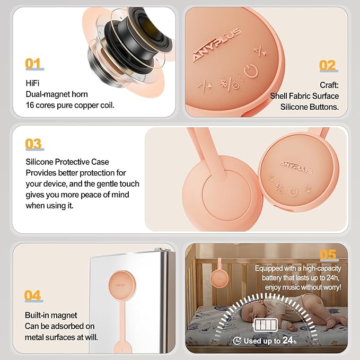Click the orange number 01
pyautogui.click(x=33, y=64)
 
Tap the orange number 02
pyautogui.click(x=327, y=65)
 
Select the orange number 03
pyautogui.click(x=33, y=144)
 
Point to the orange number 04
pyautogui.click(x=32, y=295)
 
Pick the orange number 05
pyautogui.click(x=328, y=254)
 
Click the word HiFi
pyautogui.click(x=32, y=83)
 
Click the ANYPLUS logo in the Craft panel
pyautogui.click(x=217, y=45)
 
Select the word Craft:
pyautogui.click(x=329, y=85)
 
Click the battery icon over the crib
pyautogui.click(x=265, y=325)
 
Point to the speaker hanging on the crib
pyautogui.click(x=219, y=278)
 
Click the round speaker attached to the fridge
pyautogui.click(x=122, y=285)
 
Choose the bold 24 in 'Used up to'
pyautogui.click(x=287, y=340)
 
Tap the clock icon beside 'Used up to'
pyautogui.click(x=237, y=341)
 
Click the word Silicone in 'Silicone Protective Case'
pyautogui.click(x=39, y=162)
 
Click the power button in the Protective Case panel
pyautogui.click(x=293, y=192)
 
